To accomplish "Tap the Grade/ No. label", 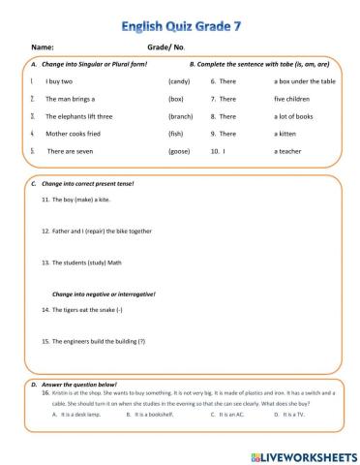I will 165,46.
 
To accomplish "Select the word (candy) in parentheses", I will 180,82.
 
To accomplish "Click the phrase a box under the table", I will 305,82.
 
